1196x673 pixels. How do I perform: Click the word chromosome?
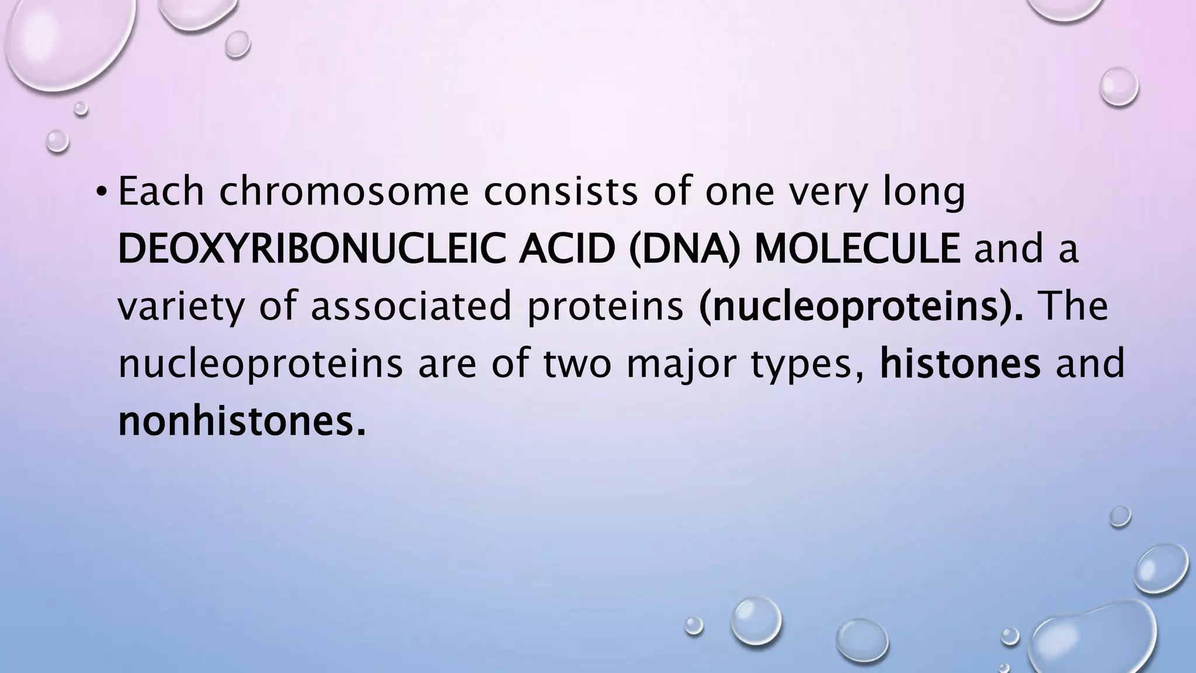(x=344, y=193)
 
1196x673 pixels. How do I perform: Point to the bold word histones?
(x=959, y=363)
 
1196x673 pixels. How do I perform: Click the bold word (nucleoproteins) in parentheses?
(x=861, y=307)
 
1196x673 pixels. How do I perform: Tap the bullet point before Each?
(x=102, y=193)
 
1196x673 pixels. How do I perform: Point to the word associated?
(x=411, y=307)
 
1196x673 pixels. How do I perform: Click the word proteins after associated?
(x=605, y=307)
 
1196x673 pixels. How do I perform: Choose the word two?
(x=576, y=363)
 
